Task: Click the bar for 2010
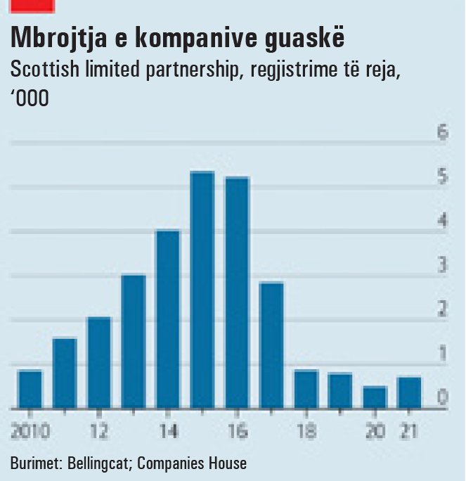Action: (30, 389)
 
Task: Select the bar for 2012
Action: (99, 363)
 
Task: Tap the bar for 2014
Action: (168, 319)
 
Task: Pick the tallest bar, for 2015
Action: (202, 290)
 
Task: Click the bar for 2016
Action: (237, 293)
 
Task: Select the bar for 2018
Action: (306, 389)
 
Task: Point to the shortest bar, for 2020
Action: (375, 397)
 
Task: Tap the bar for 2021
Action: (409, 392)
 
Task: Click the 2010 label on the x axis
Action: (30, 431)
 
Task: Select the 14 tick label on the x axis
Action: (168, 431)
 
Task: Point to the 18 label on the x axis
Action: (306, 431)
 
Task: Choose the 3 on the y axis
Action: (442, 265)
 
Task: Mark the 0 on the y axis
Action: (442, 397)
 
